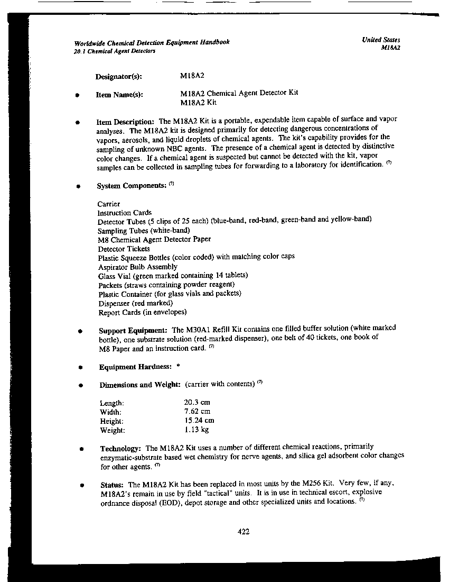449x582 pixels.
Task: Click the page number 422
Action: [x=244, y=532]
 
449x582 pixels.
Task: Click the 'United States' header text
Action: [x=381, y=40]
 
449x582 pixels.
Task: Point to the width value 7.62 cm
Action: [x=197, y=411]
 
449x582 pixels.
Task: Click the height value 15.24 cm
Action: [x=199, y=421]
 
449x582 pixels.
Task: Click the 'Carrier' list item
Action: [x=109, y=204]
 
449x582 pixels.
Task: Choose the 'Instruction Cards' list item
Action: [x=125, y=213]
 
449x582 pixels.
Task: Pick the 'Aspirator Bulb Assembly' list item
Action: [x=138, y=267]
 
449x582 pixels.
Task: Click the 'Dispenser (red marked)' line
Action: [x=136, y=303]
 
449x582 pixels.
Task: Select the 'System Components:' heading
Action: [x=132, y=186]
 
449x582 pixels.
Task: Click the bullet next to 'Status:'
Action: [x=82, y=485]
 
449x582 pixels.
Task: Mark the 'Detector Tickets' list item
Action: [x=124, y=249]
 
